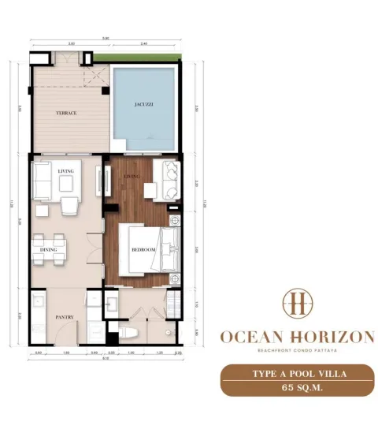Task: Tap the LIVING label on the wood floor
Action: pyautogui.click(x=131, y=177)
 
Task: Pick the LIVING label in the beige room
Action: pyautogui.click(x=66, y=170)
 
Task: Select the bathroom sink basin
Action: pyautogui.click(x=113, y=303)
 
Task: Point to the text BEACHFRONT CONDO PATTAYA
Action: pyautogui.click(x=296, y=352)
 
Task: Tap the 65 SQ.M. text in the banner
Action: pyautogui.click(x=296, y=388)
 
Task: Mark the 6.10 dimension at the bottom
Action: pyautogui.click(x=105, y=357)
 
